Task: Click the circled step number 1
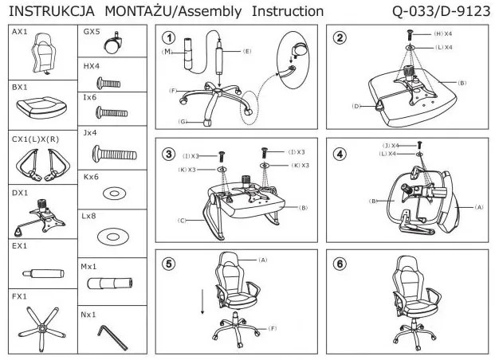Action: click(168, 38)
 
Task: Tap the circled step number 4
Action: click(340, 154)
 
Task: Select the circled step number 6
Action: click(340, 264)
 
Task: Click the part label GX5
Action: click(92, 33)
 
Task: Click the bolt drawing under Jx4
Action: click(111, 151)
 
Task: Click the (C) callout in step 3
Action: click(183, 220)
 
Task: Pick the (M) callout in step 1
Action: click(167, 52)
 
